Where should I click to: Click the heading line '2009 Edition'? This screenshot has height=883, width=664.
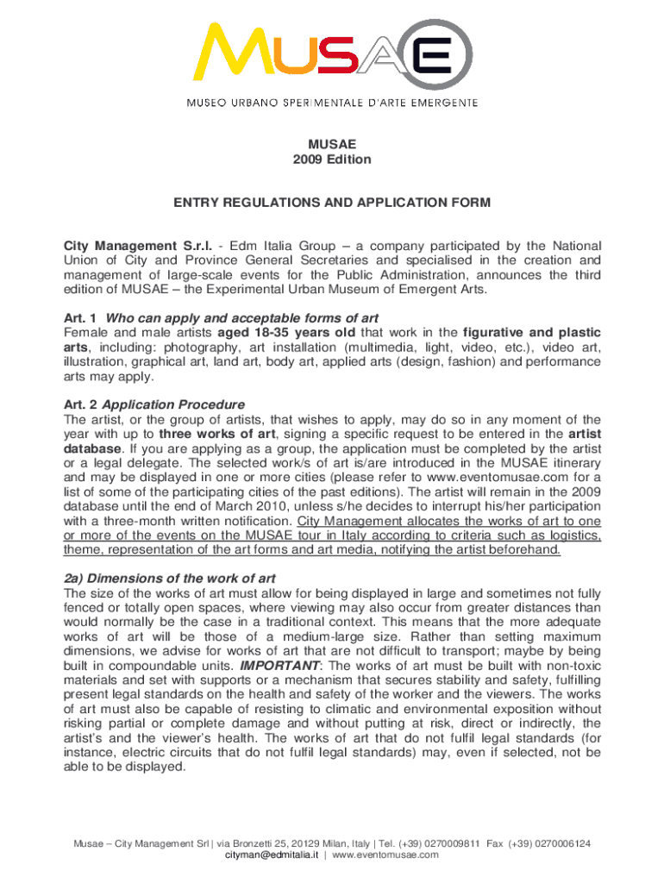click(x=332, y=159)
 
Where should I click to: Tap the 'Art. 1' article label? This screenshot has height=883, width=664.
click(x=80, y=318)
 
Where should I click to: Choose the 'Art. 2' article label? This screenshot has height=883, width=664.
click(x=80, y=404)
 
